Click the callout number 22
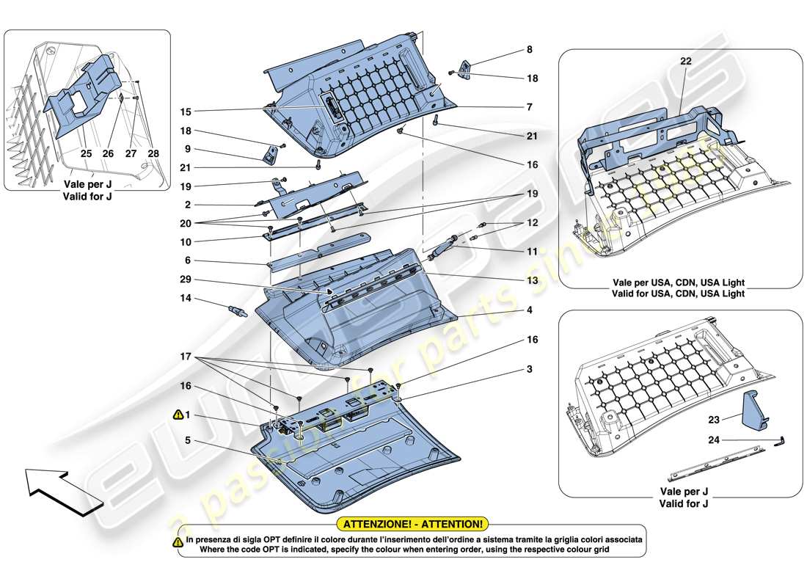pos(686,62)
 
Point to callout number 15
pos(186,112)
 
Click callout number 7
pos(528,107)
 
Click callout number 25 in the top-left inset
pos(87,155)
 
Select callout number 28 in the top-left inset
pos(153,155)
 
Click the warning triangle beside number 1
pos(178,415)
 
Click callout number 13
pos(530,280)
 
